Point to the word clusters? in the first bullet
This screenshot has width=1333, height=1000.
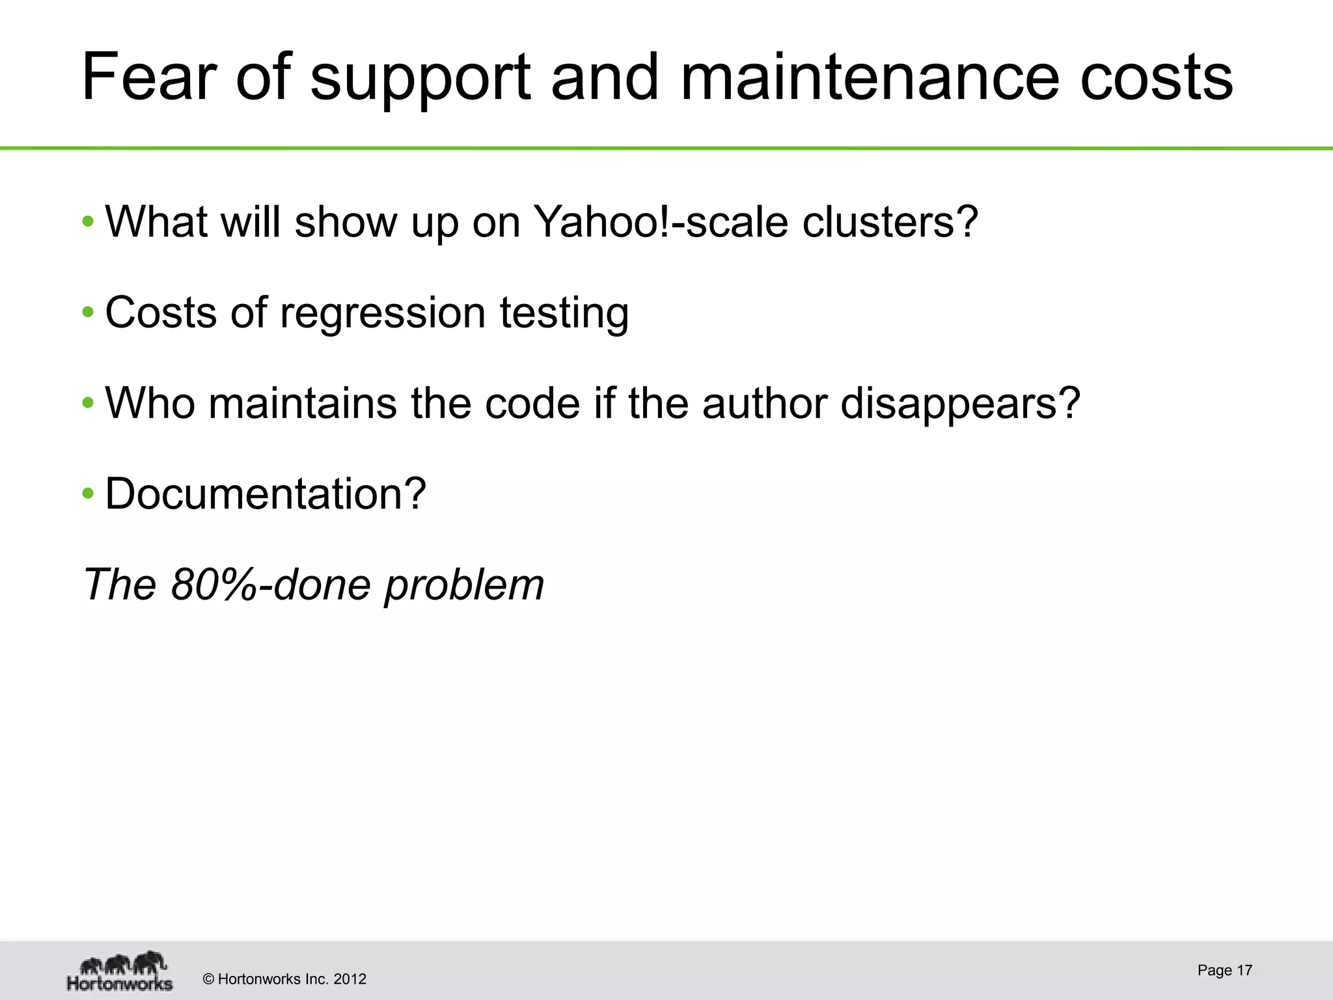[x=890, y=222]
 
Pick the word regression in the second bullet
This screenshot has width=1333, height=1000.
[x=382, y=313]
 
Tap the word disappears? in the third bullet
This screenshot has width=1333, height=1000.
[x=961, y=404]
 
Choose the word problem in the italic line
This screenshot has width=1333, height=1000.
[x=464, y=585]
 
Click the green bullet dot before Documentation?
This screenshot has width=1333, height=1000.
[x=88, y=494]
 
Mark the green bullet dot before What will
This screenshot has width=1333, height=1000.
[x=88, y=222]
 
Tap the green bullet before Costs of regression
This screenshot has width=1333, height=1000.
[x=88, y=313]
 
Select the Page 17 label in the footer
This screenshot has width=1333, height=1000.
[x=1224, y=970]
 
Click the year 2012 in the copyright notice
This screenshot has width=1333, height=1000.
[x=350, y=979]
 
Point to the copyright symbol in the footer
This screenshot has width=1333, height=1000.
[x=208, y=979]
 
